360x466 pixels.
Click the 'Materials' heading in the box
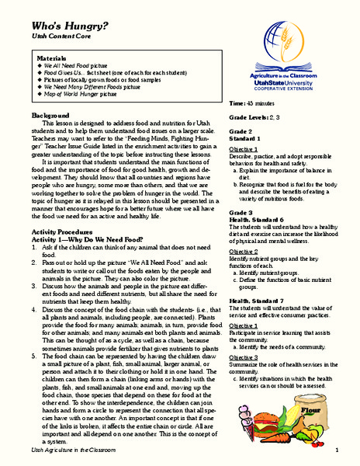[52, 58]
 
